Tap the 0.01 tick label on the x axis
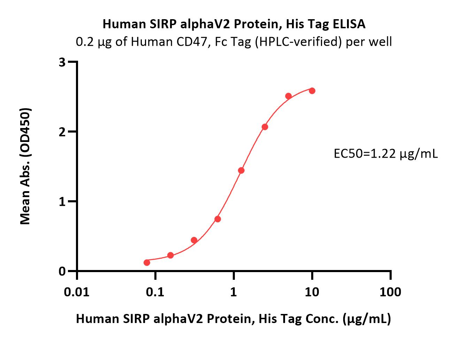[x=77, y=292]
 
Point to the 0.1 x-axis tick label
[x=155, y=292]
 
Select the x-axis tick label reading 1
[x=233, y=292]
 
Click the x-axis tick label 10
[x=312, y=292]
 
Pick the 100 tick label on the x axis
[x=390, y=292]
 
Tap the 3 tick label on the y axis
[x=62, y=62]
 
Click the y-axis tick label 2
[x=62, y=132]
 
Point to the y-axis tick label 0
[x=62, y=271]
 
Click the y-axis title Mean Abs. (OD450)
[x=25, y=166]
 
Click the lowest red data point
[x=147, y=263]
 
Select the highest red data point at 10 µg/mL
[x=312, y=91]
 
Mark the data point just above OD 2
[x=265, y=127]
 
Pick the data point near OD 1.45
[x=241, y=170]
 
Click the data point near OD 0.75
[x=218, y=219]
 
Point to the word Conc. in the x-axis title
[x=322, y=319]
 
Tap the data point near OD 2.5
[x=289, y=96]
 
